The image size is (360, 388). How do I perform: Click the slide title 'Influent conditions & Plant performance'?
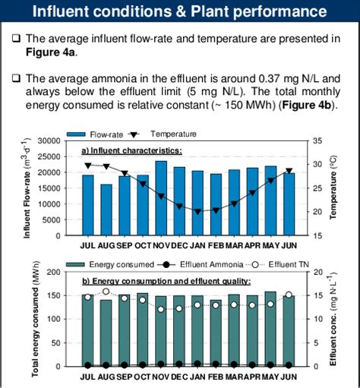click(x=180, y=12)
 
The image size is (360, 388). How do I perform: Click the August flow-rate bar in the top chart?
click(x=106, y=209)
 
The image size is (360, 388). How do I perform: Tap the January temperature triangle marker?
click(x=197, y=211)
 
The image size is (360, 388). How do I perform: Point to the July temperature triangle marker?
click(x=88, y=166)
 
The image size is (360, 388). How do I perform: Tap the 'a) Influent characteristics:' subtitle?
click(x=132, y=150)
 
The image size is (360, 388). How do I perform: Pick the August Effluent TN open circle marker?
click(x=106, y=291)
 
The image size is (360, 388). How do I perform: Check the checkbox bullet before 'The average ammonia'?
click(x=16, y=78)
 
